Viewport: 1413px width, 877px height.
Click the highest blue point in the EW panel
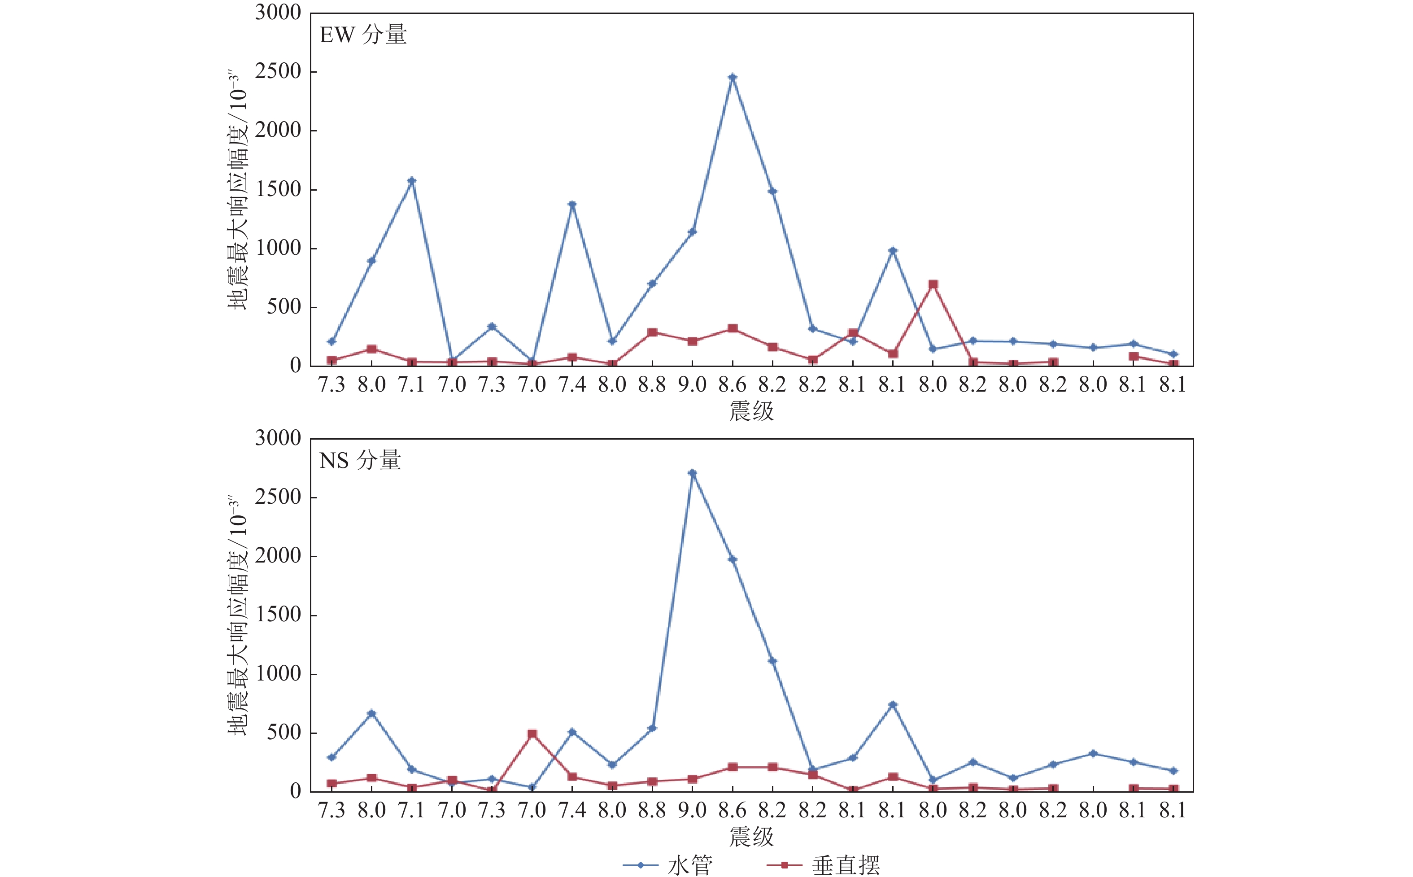click(733, 77)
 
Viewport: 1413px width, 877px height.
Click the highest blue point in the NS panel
click(692, 473)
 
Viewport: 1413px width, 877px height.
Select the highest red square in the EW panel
click(933, 285)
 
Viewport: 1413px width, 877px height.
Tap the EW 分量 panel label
click(363, 35)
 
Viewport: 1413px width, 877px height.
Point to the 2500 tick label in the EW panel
click(278, 72)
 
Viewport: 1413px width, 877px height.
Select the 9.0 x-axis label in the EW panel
click(692, 384)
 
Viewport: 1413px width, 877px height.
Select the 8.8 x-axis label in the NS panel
click(652, 810)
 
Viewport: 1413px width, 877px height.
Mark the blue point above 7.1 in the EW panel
click(412, 181)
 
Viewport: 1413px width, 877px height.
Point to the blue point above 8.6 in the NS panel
click(733, 559)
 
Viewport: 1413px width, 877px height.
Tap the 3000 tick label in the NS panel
click(278, 438)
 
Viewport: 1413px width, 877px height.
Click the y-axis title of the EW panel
click(237, 192)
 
